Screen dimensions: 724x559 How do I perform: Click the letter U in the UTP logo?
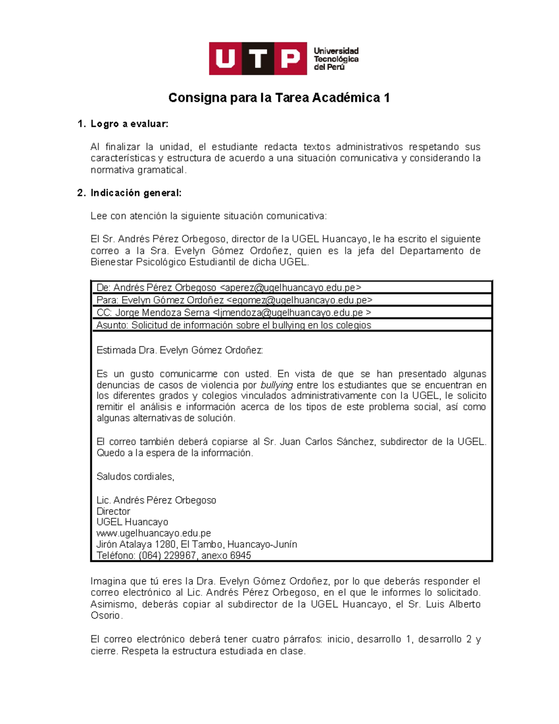[225, 59]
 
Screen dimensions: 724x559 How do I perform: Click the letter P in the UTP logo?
[290, 59]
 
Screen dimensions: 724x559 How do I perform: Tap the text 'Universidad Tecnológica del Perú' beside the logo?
[336, 59]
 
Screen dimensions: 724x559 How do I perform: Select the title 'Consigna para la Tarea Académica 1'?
[279, 98]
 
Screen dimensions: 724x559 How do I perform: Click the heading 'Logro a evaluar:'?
[129, 124]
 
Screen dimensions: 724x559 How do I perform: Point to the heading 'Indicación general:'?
[136, 193]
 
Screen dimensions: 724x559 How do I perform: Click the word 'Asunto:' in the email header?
[112, 325]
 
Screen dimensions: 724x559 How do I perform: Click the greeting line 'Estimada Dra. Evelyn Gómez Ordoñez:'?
[179, 350]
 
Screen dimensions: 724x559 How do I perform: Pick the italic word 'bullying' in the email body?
[277, 385]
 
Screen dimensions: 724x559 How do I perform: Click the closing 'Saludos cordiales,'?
[135, 476]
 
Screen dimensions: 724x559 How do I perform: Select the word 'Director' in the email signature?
[113, 511]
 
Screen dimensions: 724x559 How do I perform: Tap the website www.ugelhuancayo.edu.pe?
[153, 533]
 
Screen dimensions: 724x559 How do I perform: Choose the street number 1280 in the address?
[165, 545]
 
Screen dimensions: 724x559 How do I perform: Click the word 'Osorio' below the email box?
[106, 616]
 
